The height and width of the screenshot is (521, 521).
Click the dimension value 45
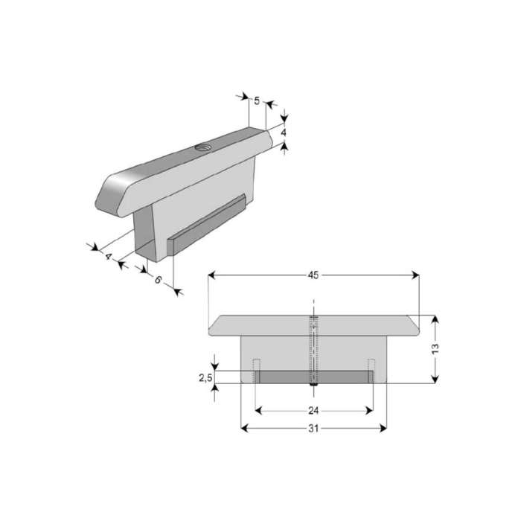click(313, 275)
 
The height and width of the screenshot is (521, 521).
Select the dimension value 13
click(435, 348)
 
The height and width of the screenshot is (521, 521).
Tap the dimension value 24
click(313, 411)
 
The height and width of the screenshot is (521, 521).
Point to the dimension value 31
click(313, 429)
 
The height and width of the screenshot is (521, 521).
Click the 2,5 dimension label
click(205, 378)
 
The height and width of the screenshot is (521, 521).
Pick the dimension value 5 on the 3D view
click(257, 100)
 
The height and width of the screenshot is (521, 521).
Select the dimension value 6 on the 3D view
click(158, 280)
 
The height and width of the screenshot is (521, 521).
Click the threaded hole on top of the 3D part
click(201, 147)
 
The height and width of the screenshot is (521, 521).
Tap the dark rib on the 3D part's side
click(206, 226)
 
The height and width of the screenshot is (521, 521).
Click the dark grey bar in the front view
click(314, 377)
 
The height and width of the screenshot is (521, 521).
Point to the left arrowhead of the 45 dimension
click(212, 275)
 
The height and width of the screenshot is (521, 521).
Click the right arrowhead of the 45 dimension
click(415, 275)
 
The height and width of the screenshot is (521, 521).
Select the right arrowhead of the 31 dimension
click(383, 429)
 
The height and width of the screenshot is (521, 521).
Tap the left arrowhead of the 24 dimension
click(259, 411)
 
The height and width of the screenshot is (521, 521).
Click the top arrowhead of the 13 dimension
click(435, 319)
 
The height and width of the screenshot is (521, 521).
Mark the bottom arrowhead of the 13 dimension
click(435, 379)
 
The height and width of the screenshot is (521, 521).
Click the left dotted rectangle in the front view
click(257, 371)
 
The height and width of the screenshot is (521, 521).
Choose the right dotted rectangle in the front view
click(371, 371)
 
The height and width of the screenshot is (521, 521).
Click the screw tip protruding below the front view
click(314, 385)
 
